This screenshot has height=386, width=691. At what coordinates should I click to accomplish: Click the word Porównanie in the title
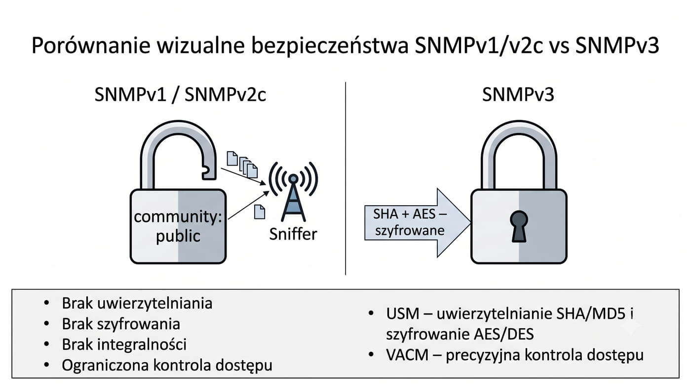[x=91, y=45]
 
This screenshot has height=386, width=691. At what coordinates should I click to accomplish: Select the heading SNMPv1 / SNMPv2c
[x=180, y=94]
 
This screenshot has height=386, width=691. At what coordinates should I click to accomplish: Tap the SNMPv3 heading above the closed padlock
[x=518, y=94]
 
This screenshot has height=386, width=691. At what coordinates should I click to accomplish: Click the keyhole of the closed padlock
[x=519, y=226]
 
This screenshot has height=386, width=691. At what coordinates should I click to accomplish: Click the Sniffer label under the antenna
[x=293, y=234]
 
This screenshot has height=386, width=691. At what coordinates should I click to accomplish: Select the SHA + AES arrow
[x=418, y=222]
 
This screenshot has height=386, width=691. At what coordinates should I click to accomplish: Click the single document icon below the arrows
[x=260, y=212]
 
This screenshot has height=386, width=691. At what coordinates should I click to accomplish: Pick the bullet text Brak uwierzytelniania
[x=137, y=303]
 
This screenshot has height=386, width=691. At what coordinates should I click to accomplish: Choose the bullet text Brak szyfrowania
[x=121, y=324]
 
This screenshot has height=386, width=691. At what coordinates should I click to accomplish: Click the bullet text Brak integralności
[x=124, y=344]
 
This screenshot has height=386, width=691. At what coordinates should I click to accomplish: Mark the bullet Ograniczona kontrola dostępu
[x=167, y=365]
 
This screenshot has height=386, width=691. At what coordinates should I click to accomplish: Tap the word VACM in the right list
[x=407, y=355]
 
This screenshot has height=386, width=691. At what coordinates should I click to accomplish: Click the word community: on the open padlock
[x=178, y=217]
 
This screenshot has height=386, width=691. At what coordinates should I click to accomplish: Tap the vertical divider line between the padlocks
[x=345, y=178]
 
